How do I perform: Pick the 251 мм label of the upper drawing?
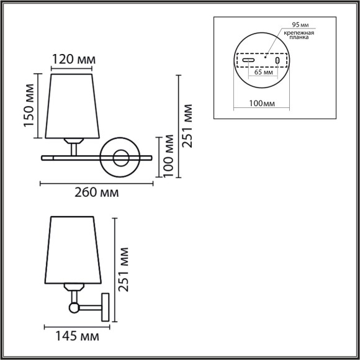pos(188,125)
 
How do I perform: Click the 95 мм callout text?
pos(300,25)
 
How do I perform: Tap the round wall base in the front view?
pos(120,158)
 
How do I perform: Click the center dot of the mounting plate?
pos(265,58)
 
